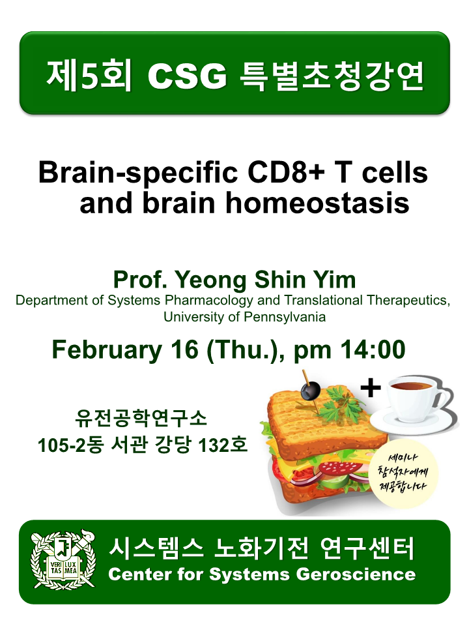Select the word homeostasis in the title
[317, 203]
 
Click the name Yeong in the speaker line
[210, 280]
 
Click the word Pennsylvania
[285, 317]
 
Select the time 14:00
[373, 350]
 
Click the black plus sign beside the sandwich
[371, 387]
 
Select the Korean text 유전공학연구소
[141, 418]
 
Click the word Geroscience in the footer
[356, 574]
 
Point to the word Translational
[324, 301]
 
